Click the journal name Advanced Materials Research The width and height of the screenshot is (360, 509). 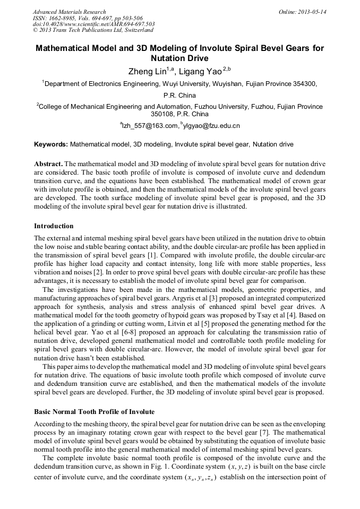(70, 12)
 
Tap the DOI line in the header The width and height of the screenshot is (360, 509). (93, 24)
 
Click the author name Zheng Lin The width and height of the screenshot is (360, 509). (148, 72)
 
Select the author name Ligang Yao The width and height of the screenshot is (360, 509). (199, 72)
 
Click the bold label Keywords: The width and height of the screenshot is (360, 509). (51, 144)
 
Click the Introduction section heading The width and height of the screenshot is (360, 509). (54, 226)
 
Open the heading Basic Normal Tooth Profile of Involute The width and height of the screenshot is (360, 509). (94, 411)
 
